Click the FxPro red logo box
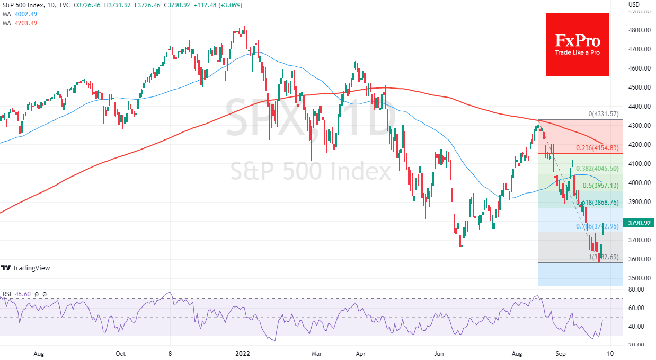578,45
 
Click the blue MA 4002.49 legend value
25,14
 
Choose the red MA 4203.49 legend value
25,23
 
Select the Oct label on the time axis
120,353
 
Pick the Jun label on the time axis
438,353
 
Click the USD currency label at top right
634,5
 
